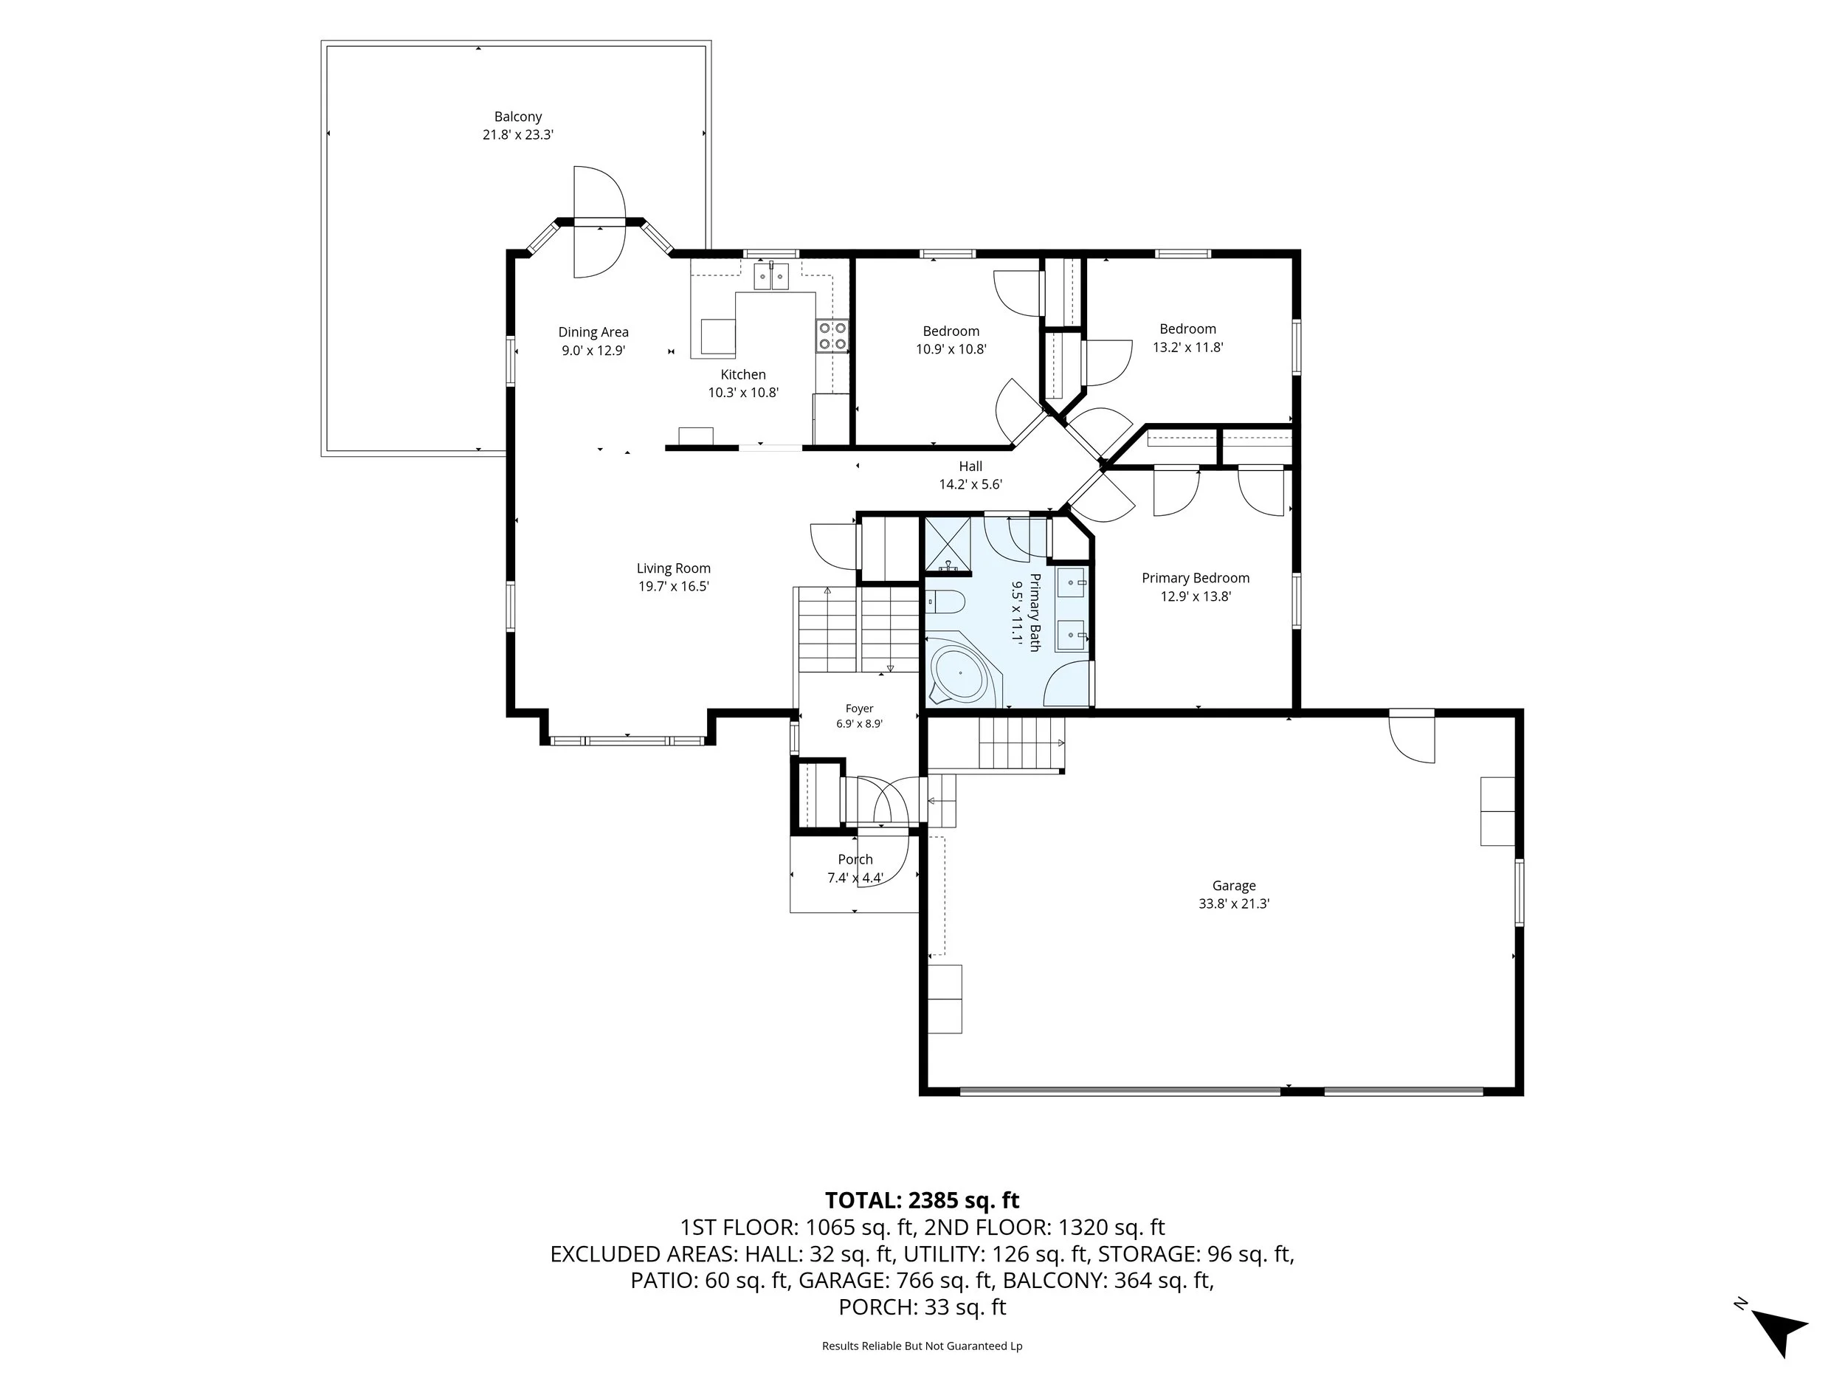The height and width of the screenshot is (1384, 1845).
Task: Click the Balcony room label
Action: click(518, 117)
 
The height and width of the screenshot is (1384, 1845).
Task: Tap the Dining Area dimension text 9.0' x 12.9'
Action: click(593, 351)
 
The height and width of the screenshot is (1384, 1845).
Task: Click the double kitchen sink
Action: click(771, 276)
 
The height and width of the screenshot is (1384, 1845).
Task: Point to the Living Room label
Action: click(673, 568)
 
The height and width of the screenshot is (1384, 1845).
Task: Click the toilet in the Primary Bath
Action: click(945, 601)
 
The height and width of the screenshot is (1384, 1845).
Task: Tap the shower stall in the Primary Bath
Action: click(948, 545)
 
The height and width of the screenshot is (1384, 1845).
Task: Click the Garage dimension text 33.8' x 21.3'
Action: click(1234, 903)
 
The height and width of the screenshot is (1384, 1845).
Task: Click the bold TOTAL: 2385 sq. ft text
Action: click(922, 1200)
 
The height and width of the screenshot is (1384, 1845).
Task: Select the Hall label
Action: click(970, 467)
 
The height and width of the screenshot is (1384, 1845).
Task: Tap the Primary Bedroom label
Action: click(1196, 578)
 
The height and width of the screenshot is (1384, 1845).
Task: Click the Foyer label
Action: click(859, 709)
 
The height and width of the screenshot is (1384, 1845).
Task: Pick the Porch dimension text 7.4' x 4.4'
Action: click(855, 878)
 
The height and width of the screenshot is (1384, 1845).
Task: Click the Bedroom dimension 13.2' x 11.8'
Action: click(1187, 347)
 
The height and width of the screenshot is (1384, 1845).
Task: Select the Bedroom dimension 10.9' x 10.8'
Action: click(951, 350)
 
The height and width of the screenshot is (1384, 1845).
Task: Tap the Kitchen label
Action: click(743, 374)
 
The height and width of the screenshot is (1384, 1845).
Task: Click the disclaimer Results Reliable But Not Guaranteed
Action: click(922, 1346)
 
